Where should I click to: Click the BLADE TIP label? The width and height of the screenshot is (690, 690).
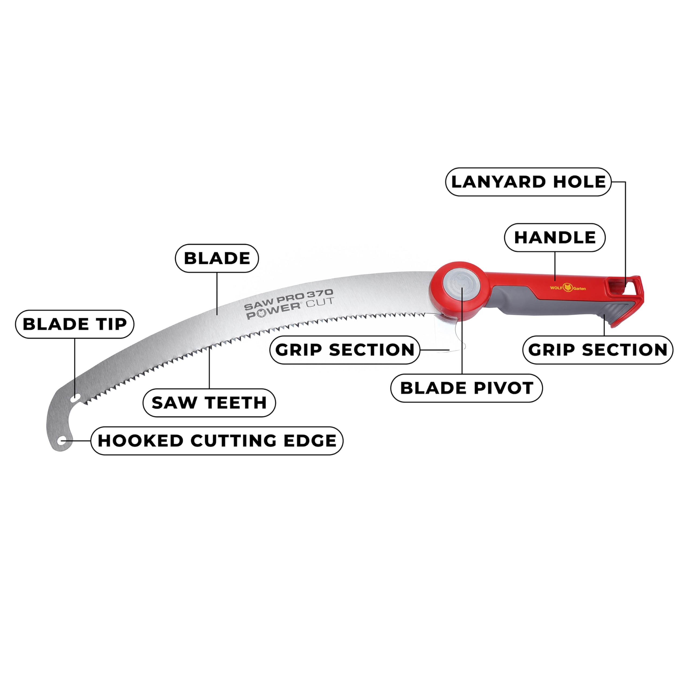(75, 324)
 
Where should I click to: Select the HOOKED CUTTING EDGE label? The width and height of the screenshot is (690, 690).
(217, 440)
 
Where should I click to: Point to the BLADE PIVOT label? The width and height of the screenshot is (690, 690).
(467, 388)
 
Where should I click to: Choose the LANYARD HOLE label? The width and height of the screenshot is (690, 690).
(529, 182)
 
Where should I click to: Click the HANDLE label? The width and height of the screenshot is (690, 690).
(555, 237)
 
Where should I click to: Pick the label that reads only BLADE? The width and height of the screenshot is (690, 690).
(217, 258)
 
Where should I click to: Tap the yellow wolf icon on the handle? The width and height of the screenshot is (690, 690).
(568, 287)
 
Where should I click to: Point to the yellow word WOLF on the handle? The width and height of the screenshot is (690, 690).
(556, 288)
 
